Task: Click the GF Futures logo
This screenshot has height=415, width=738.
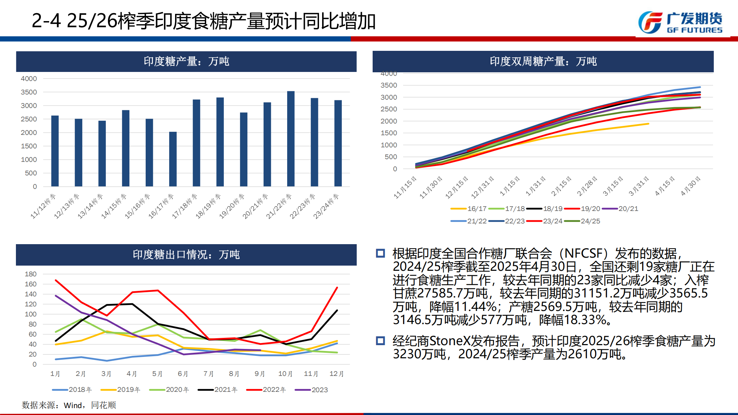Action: [680, 22]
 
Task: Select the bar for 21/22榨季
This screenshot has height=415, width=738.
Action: [291, 138]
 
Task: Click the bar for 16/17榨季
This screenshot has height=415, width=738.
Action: [173, 159]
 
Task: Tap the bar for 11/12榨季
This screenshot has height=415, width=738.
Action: [55, 151]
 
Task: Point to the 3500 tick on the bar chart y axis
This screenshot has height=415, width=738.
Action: [29, 92]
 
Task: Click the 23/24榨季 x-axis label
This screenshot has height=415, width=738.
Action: [326, 206]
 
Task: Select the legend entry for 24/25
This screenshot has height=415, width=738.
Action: [583, 221]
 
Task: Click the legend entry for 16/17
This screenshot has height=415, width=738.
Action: [469, 209]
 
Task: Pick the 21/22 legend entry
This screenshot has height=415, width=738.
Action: [469, 221]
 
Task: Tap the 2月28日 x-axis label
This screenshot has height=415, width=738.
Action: [587, 186]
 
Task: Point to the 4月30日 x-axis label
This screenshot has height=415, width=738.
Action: [691, 186]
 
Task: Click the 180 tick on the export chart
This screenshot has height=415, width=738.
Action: [30, 274]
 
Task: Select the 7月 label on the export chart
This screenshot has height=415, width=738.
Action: [208, 374]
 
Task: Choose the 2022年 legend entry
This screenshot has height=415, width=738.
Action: [266, 390]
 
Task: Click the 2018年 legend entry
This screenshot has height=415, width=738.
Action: [72, 390]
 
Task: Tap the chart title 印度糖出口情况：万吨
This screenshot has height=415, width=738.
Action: [186, 255]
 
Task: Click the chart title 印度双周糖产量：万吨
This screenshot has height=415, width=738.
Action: [543, 62]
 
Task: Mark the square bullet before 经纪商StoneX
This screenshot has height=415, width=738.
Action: [380, 341]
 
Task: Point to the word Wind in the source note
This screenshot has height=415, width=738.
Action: [73, 405]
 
